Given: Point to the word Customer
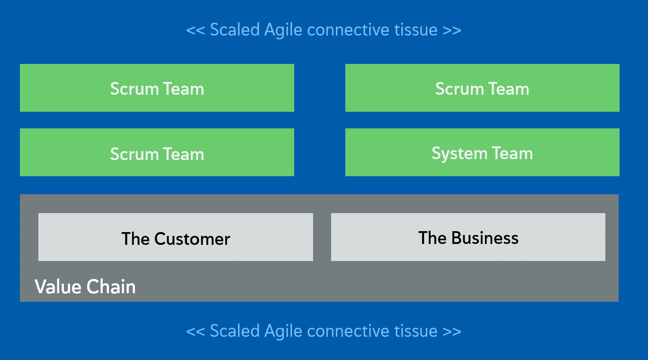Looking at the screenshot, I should point(192,239).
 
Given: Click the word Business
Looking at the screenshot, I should point(485,238).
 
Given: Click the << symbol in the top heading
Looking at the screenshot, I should point(195,30).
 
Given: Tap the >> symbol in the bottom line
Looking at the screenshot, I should point(451,331).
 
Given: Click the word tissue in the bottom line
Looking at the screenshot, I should point(416,331).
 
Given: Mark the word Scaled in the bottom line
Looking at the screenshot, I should point(234,331).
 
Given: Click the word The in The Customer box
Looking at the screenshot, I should point(135,239).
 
